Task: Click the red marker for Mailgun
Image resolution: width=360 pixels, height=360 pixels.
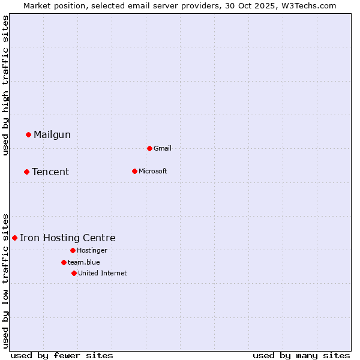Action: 28,134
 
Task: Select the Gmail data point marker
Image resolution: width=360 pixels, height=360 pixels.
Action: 149,148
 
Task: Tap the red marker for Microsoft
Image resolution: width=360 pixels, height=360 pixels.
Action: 134,171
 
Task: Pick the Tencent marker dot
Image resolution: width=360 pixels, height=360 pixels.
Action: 26,172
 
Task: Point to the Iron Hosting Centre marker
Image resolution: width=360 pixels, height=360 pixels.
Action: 14,238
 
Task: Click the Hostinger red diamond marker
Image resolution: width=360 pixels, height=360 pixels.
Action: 73,250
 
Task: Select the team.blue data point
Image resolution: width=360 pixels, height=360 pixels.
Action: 64,262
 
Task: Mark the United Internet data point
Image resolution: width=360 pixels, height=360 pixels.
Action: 74,273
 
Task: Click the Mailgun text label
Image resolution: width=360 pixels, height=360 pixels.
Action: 52,135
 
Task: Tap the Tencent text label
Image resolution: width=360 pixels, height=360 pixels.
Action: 50,172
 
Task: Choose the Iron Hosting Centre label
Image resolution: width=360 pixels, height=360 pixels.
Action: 68,238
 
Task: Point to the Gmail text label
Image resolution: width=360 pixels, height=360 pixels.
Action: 163,148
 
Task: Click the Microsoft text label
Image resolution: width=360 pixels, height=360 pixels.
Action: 153,171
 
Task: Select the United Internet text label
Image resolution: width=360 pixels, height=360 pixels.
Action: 103,273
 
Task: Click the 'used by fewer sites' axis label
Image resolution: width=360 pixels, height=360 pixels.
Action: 62,355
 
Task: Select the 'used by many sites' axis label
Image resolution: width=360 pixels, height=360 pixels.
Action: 301,355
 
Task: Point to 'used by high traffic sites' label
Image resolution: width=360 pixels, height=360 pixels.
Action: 5,85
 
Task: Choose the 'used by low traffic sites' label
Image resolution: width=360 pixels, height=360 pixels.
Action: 5,281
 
